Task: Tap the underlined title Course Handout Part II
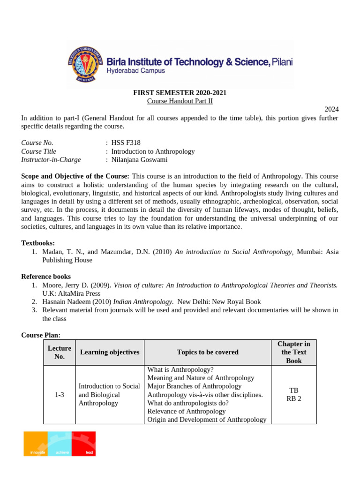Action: tap(180, 101)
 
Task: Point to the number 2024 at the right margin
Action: tap(331, 109)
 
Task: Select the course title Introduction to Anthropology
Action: tap(153, 151)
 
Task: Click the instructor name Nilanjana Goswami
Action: tap(139, 159)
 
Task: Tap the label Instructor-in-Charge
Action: tap(51, 159)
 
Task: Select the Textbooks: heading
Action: tap(38, 243)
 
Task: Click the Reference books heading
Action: tap(46, 277)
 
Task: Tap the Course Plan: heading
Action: tap(41, 335)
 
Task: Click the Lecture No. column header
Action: tap(60, 352)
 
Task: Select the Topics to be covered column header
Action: tap(208, 352)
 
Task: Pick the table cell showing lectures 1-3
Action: tap(60, 395)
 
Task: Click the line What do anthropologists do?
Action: tap(188, 403)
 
